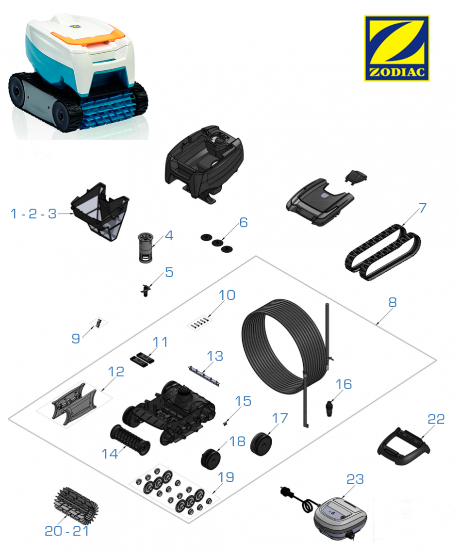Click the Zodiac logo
coord(396,48)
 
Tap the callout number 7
coord(422,208)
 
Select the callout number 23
coord(355,479)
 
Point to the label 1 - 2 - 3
coord(33,213)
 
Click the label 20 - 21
coord(67,531)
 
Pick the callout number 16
coord(344,384)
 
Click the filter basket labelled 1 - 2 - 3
coord(100,212)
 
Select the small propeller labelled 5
coord(146,290)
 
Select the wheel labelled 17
coord(261,443)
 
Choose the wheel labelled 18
coord(210,459)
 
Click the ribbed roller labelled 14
coord(130,440)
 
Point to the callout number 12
coord(116,372)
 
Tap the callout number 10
coord(227,295)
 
